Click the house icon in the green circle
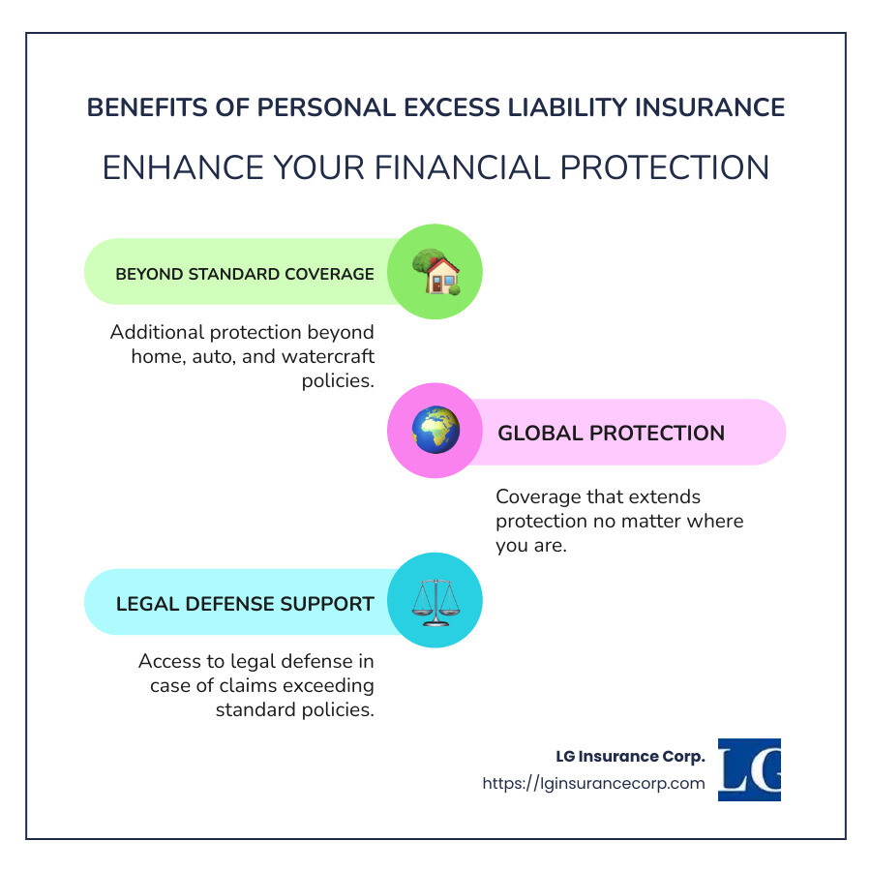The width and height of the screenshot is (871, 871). click(x=435, y=272)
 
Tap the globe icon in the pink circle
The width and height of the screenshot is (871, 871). click(x=435, y=432)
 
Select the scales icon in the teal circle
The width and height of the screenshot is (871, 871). click(x=435, y=601)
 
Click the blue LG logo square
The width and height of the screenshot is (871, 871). click(x=749, y=769)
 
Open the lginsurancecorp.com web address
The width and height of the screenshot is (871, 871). click(x=593, y=783)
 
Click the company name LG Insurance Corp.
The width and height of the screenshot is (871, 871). click(x=630, y=756)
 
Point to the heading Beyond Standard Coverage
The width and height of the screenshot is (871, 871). click(x=245, y=274)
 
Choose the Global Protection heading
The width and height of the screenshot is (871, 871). click(x=611, y=433)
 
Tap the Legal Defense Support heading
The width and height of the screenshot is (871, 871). click(x=245, y=604)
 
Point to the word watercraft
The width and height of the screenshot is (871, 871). click(x=328, y=356)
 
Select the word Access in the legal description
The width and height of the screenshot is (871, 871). click(x=167, y=662)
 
